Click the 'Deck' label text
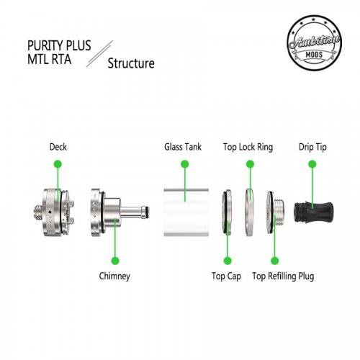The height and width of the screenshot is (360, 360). pyautogui.click(x=58, y=147)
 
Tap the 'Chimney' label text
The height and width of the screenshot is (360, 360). pyautogui.click(x=114, y=276)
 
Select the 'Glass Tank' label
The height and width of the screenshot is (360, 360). pyautogui.click(x=183, y=147)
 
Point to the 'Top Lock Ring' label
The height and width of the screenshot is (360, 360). pyautogui.click(x=248, y=147)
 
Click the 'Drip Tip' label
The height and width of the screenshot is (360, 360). pyautogui.click(x=312, y=147)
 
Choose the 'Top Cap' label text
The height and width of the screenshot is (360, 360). pyautogui.click(x=226, y=276)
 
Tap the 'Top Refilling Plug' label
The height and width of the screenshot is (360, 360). pyautogui.click(x=283, y=276)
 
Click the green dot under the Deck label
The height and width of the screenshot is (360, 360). pyautogui.click(x=58, y=164)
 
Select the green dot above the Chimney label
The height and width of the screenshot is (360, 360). pyautogui.click(x=115, y=261)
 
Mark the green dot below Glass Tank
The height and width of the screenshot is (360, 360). pyautogui.click(x=184, y=164)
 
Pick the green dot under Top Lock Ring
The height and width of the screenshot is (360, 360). pyautogui.click(x=250, y=164)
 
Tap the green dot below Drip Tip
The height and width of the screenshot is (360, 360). pyautogui.click(x=312, y=164)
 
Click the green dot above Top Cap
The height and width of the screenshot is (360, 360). pyautogui.click(x=228, y=261)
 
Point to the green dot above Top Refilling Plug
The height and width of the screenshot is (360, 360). pyautogui.click(x=274, y=261)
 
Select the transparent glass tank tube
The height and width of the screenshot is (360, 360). pyautogui.click(x=186, y=212)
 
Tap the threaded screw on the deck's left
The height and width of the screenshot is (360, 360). pyautogui.click(x=38, y=212)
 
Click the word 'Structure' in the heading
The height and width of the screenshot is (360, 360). pyautogui.click(x=131, y=63)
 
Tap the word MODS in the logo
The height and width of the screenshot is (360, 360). pyautogui.click(x=314, y=55)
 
